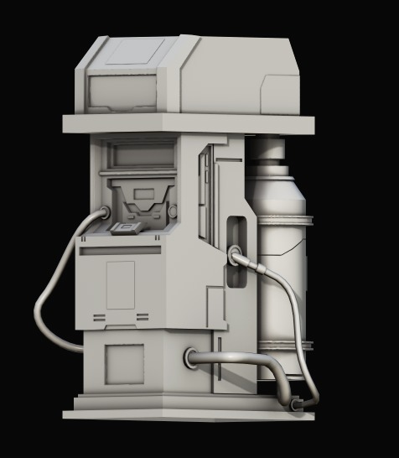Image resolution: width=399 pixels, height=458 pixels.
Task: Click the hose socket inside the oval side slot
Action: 235,252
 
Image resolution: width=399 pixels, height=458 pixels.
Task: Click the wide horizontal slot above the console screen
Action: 138,154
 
